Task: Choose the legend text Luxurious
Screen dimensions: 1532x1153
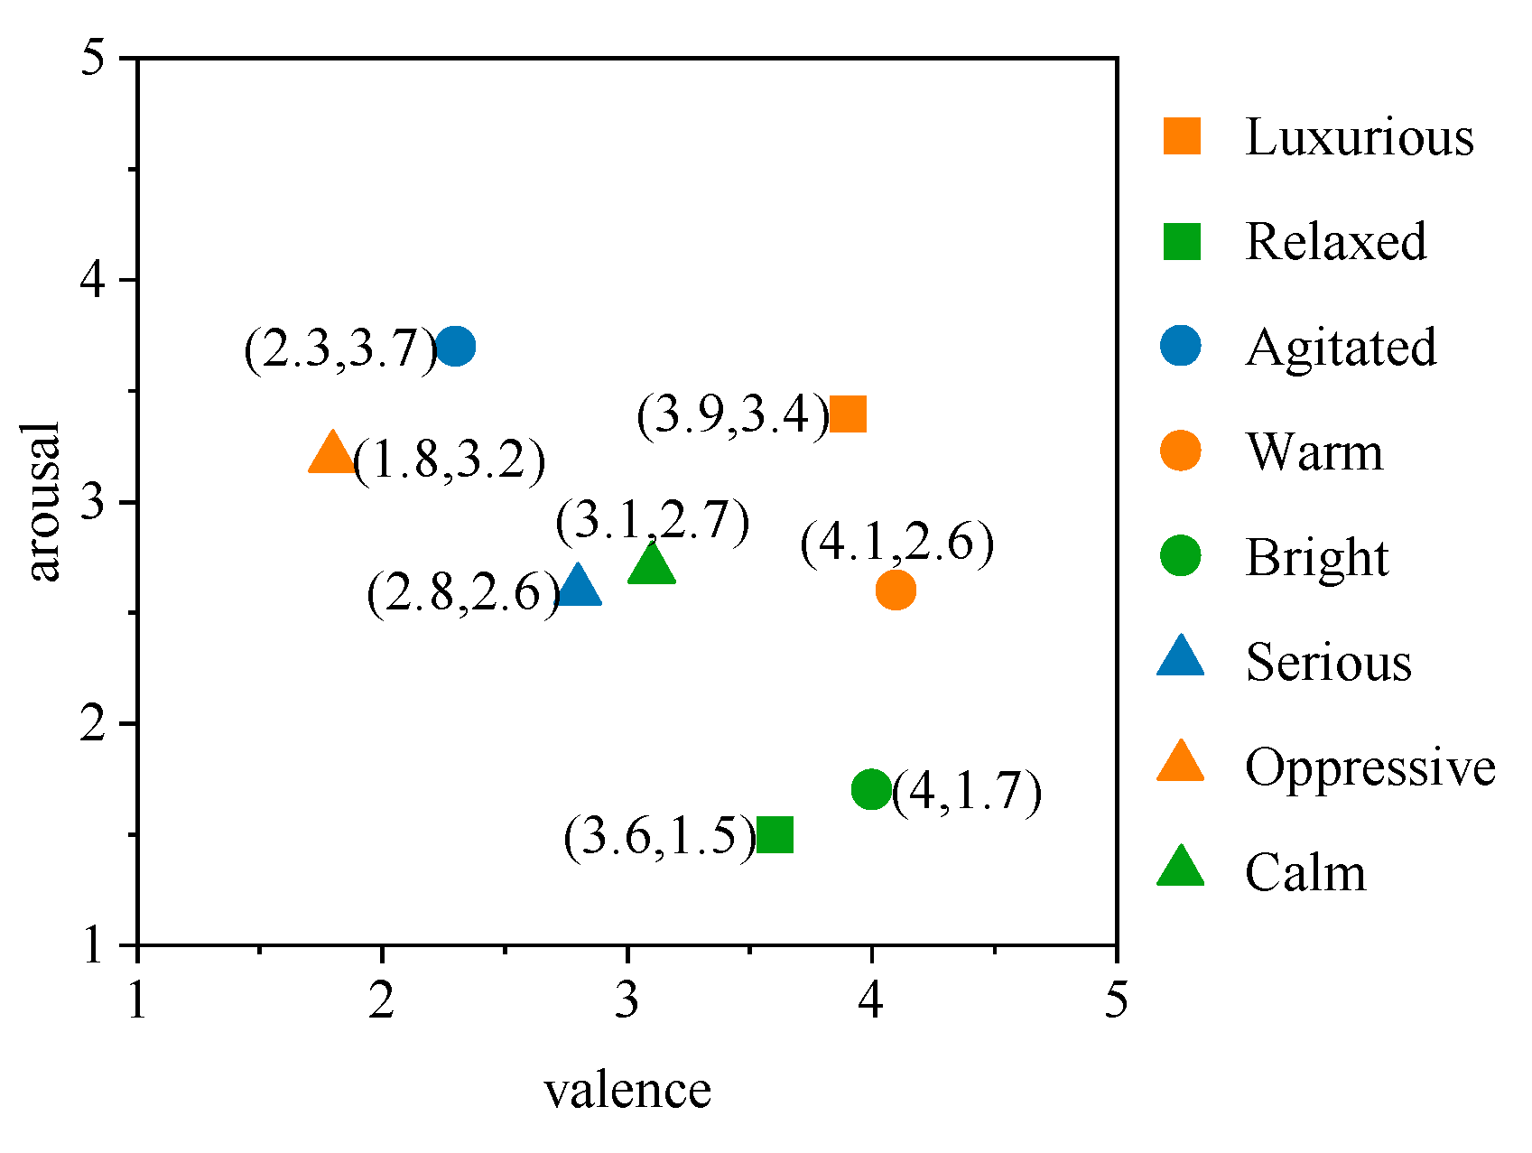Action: pyautogui.click(x=1359, y=137)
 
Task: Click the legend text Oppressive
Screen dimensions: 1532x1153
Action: pyautogui.click(x=1370, y=767)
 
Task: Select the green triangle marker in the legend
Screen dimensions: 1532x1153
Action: pyautogui.click(x=1181, y=868)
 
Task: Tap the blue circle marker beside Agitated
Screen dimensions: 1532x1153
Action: pyautogui.click(x=1181, y=347)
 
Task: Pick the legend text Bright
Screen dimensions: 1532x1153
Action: pyautogui.click(x=1317, y=559)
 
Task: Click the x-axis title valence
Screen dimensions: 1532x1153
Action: pyautogui.click(x=627, y=1091)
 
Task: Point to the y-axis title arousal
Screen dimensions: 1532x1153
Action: pyautogui.click(x=42, y=501)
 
